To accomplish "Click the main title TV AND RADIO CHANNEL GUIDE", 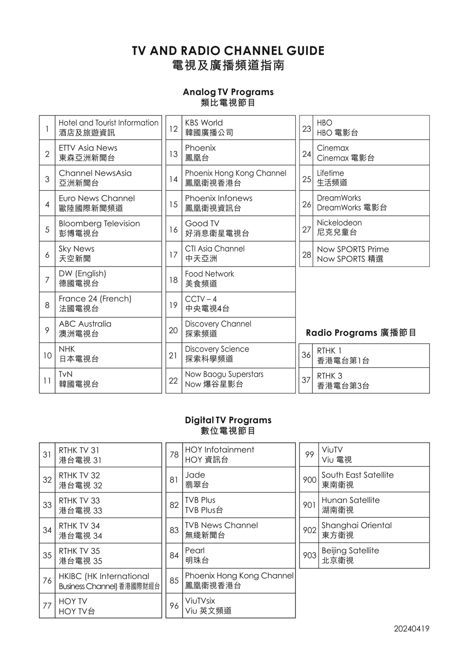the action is tap(228, 51).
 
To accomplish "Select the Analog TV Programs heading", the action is tap(228, 92).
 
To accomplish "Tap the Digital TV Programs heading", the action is tap(228, 420).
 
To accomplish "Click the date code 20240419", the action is tap(411, 629).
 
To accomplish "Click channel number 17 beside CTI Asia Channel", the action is tap(173, 255).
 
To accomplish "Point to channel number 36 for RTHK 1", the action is tap(306, 355).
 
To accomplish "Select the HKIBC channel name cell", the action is tap(108, 581).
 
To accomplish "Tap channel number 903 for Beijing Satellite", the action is tap(309, 555).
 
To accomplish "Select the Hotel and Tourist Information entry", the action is tap(108, 128).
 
